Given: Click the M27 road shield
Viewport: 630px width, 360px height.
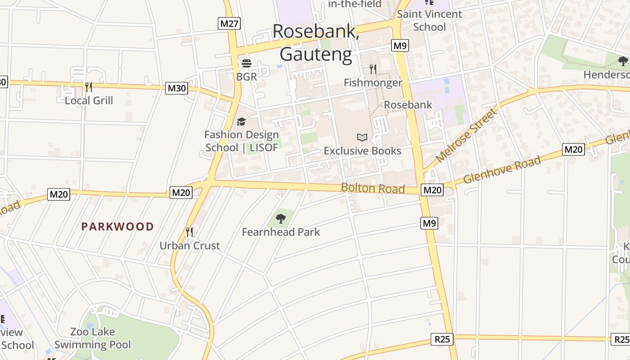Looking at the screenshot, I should (229, 23).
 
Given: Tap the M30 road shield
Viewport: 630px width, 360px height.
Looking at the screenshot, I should (176, 88).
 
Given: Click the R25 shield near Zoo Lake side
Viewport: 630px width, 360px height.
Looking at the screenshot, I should (442, 339).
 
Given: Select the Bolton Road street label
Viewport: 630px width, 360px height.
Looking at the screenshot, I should (373, 188).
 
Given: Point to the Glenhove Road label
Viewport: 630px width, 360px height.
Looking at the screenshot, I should (502, 170).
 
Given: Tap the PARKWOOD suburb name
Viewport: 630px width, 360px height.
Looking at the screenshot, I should (117, 226).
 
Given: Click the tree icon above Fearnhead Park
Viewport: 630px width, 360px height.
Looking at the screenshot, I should (281, 219).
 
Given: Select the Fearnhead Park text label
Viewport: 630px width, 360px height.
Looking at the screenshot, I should (281, 232).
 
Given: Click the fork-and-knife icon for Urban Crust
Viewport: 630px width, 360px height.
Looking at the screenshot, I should (189, 232).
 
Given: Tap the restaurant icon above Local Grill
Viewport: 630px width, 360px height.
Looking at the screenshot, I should (89, 87).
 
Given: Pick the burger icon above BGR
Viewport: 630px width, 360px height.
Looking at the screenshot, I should (246, 63).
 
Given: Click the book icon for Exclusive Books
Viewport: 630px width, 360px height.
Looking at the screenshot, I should (362, 137).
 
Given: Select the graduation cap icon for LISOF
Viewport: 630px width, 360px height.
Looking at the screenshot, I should (242, 121).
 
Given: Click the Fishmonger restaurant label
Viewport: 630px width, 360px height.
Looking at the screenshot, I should (373, 83).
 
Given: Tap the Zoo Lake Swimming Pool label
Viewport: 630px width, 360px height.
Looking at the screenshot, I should (93, 338).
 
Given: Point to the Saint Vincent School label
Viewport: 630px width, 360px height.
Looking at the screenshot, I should (429, 20).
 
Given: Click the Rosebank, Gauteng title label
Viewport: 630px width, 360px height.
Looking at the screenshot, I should (316, 43).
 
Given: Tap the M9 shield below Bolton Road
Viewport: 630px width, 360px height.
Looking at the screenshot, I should (429, 223).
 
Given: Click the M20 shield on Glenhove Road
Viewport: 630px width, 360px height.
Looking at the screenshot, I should (573, 149).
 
